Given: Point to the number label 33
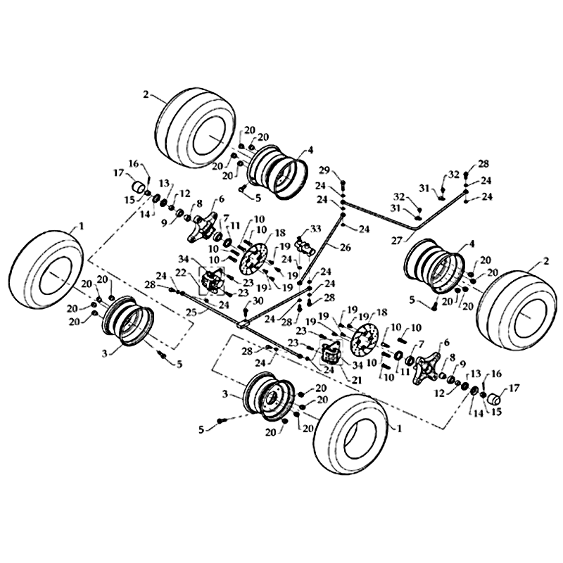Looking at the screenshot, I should coord(315,229).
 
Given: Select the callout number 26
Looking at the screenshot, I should coord(346,247).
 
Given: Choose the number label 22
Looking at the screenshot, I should coord(181,272).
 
